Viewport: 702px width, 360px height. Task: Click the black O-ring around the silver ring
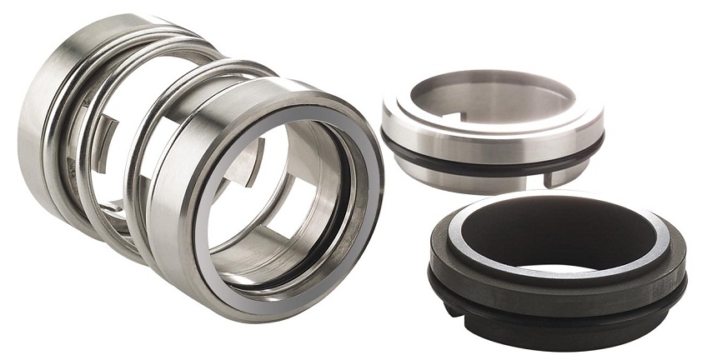point(492,154)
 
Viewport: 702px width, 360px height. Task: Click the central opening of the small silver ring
point(492,96)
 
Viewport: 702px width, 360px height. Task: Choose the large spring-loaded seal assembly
point(200,167)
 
